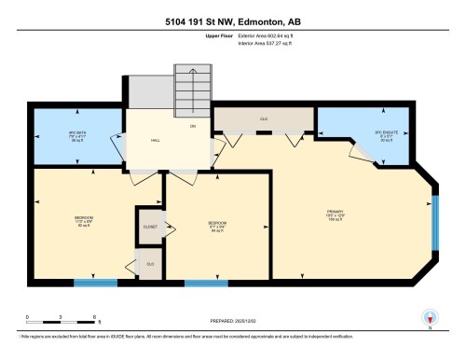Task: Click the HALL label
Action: (157, 141)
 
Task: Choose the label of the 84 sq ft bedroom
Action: (217, 224)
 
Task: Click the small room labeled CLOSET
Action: (150, 226)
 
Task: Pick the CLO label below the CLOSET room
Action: (149, 264)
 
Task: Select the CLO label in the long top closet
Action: (264, 119)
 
